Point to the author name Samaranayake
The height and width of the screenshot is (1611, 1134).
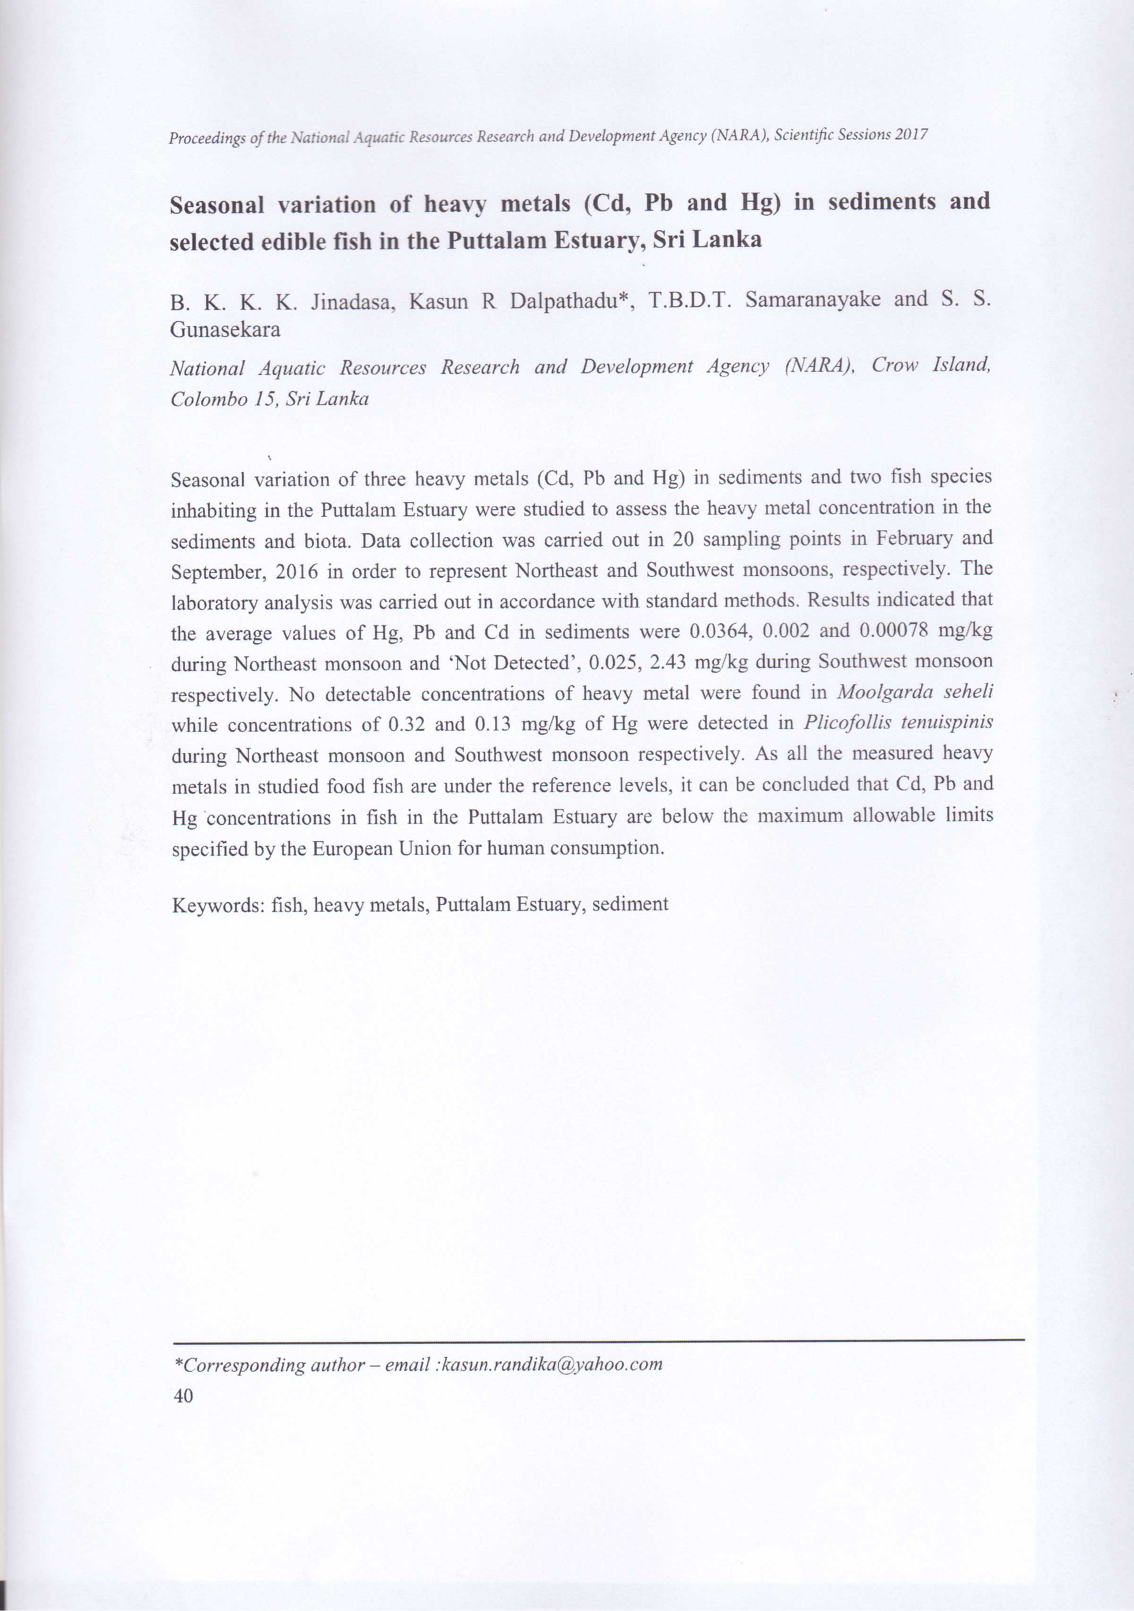812,300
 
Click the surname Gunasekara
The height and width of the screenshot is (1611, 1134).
225,330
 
